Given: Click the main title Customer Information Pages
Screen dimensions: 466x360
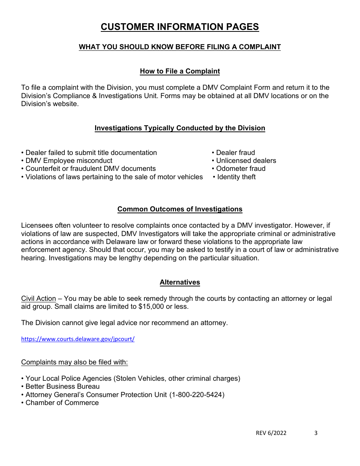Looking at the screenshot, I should coord(180,27).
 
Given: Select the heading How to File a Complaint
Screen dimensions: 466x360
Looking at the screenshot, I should coord(180,71).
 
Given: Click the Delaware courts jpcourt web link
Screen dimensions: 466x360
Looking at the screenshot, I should coord(78,339).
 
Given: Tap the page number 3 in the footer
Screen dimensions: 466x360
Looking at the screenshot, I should coord(316,433).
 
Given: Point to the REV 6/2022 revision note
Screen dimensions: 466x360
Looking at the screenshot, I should coord(271,433).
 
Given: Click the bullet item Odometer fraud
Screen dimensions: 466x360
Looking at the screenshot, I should coord(240,169).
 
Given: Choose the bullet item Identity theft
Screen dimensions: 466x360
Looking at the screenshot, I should coord(236,177).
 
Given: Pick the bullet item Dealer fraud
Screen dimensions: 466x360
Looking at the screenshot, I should coord(235,153).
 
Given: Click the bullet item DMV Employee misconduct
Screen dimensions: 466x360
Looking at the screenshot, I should coord(69,161).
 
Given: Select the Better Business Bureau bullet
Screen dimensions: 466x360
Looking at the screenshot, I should coord(62,386).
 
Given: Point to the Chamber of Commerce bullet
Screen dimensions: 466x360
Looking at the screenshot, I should coord(62,403).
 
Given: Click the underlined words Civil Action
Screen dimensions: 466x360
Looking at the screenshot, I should coord(38,299).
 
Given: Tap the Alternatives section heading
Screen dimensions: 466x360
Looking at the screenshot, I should coord(180,282).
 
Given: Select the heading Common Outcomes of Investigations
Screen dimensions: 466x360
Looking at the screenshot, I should coord(180,209).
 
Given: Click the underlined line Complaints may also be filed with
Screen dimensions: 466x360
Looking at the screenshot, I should coord(74,362).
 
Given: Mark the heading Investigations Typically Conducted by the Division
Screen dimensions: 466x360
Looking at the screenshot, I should coord(180,128).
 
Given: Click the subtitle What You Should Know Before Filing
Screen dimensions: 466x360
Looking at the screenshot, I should coord(180,47).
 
